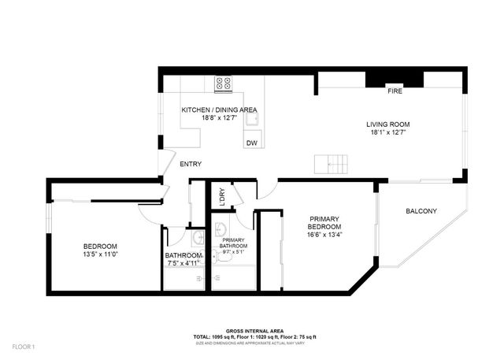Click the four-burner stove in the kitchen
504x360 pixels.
(x=222, y=81)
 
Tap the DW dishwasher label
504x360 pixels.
(x=252, y=143)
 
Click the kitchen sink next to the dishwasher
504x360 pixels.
(x=251, y=119)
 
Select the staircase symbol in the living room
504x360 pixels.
(x=331, y=164)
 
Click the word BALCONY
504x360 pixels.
(x=421, y=211)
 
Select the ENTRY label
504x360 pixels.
(x=191, y=165)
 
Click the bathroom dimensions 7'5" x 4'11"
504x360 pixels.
(x=184, y=264)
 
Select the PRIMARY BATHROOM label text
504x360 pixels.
(x=234, y=243)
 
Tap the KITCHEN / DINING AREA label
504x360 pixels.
(x=219, y=110)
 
